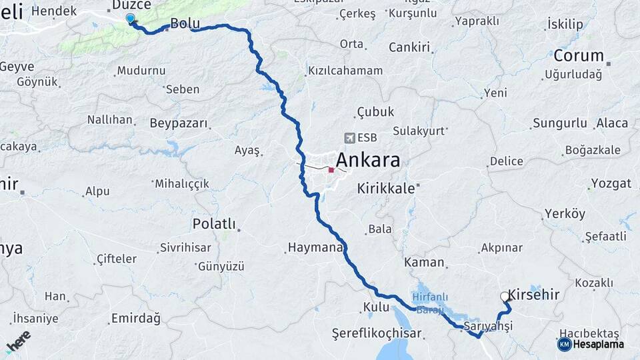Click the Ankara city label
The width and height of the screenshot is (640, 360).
point(368,160)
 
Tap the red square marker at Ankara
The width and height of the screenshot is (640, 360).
point(331,170)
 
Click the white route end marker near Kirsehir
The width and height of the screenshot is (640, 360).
point(504,297)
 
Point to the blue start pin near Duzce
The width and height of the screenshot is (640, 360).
point(130,19)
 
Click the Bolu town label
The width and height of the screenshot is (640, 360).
point(185,23)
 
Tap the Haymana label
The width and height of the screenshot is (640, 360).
point(314,247)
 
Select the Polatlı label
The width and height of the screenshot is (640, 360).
point(214,223)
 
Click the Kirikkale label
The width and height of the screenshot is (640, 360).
point(386,188)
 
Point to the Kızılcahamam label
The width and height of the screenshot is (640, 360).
point(345,71)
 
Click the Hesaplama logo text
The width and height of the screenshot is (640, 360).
point(598,344)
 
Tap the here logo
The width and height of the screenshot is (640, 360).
point(18,341)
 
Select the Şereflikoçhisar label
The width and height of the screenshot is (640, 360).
point(377,333)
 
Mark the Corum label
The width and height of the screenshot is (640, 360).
point(578,56)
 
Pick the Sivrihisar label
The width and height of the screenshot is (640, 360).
point(185,248)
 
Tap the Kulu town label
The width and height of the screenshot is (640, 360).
point(376,307)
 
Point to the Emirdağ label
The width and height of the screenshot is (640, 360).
point(136,319)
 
